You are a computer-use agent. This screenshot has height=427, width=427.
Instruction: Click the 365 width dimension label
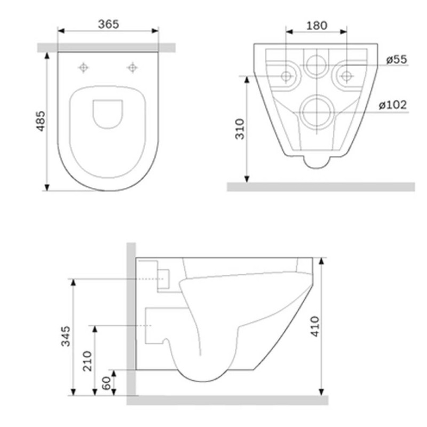108,24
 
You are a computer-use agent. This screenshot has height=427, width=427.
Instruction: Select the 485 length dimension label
41,121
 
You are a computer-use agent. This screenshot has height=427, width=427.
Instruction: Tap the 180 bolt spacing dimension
317,26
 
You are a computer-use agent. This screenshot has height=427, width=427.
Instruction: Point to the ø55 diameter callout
397,60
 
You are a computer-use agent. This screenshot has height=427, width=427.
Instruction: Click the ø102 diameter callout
393,105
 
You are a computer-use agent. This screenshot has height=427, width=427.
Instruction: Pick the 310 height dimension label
240,129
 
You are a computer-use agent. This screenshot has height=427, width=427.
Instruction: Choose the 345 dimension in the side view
65,336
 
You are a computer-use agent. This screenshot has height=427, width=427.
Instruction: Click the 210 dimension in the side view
88,361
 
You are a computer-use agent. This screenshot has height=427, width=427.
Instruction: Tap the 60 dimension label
106,383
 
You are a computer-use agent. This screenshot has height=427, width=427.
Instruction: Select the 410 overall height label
315,327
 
